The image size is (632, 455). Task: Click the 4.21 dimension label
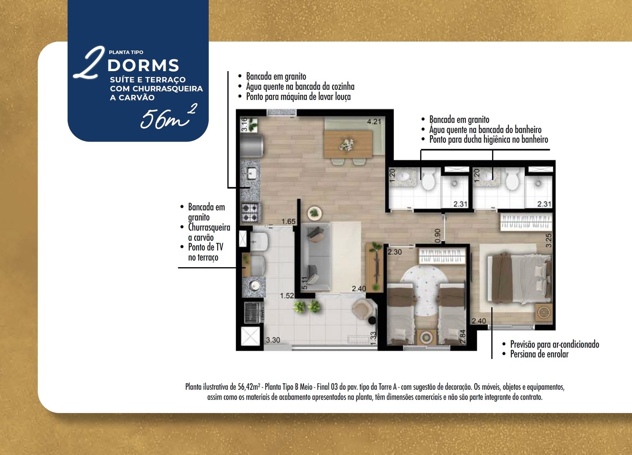pos(374,122)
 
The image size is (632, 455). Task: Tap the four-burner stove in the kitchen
pos(250,212)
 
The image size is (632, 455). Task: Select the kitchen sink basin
pos(251,174)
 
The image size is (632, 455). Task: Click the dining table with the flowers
pos(348,144)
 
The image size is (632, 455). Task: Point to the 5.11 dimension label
pos(304,283)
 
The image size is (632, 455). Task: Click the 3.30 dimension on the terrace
pos(273,340)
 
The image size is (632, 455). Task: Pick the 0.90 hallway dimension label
pos(437,236)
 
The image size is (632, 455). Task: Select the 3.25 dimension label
pos(549,240)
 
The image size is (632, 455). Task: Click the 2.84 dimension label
pos(463,337)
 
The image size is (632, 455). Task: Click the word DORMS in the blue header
pos(143,66)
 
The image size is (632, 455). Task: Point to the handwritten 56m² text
pos(168,117)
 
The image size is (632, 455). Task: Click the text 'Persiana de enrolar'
pos(539,354)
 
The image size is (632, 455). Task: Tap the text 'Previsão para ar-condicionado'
pos(555,344)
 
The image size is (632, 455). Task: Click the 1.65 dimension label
pos(288,221)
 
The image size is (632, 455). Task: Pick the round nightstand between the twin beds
pos(426,337)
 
